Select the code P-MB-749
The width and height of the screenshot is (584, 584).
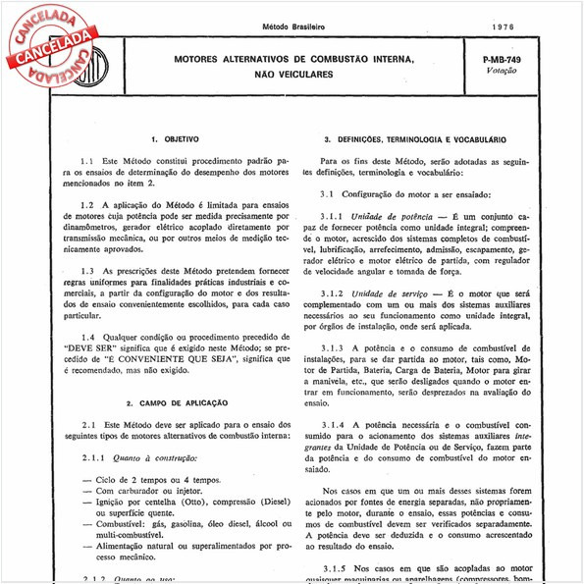(x=503, y=61)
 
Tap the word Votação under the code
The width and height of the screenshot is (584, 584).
(x=502, y=74)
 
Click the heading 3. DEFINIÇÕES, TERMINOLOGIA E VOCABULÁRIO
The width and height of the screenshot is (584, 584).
(x=415, y=141)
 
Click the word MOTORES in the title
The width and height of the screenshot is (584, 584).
(x=202, y=60)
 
